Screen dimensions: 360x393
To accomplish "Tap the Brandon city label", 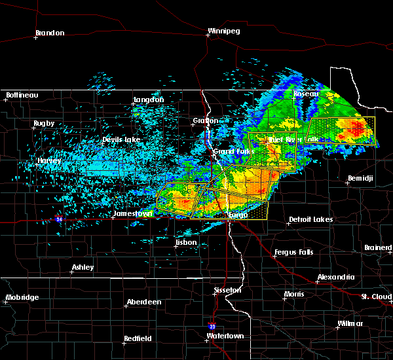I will click(x=50, y=33).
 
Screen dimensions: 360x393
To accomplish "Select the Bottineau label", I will click(x=22, y=95).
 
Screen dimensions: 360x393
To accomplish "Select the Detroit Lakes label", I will click(x=310, y=219).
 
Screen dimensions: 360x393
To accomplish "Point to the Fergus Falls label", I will click(x=295, y=252).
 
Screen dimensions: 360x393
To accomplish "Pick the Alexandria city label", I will click(x=336, y=278).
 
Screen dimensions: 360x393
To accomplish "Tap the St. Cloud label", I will click(x=377, y=297).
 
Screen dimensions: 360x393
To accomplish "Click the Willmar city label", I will click(x=350, y=324).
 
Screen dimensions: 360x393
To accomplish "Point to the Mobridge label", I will click(x=22, y=297).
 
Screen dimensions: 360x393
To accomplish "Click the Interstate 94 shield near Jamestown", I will click(x=60, y=219).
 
